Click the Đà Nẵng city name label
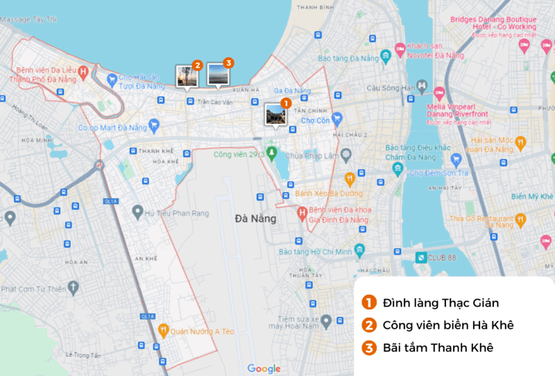(x=255, y=219)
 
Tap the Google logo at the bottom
(x=264, y=368)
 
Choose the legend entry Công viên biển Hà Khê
(x=447, y=325)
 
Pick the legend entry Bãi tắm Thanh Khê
(x=437, y=348)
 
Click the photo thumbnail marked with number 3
(x=218, y=73)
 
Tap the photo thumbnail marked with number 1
(x=275, y=114)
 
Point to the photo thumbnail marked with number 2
(x=186, y=76)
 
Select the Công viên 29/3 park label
(x=235, y=155)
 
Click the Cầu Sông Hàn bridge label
(x=390, y=88)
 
